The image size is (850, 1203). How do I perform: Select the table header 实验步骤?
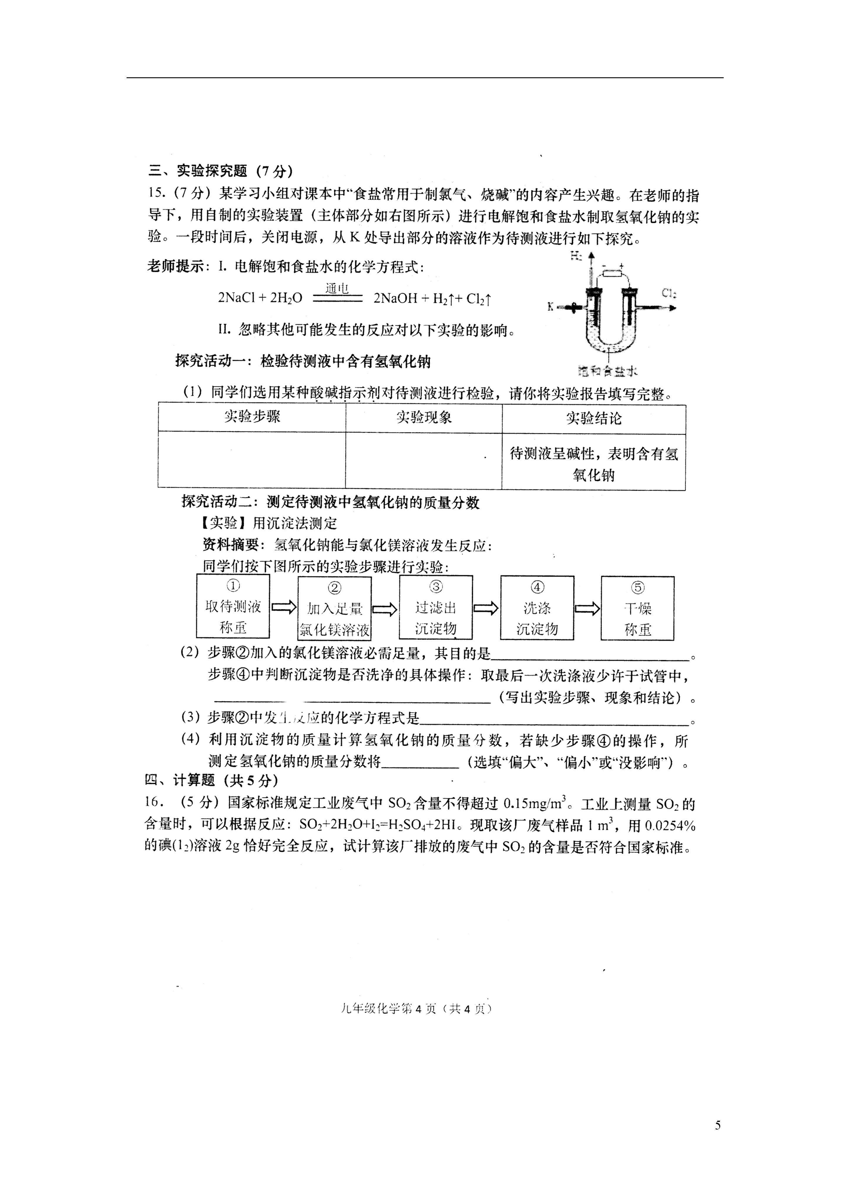[252, 417]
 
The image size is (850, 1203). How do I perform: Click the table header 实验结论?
[593, 418]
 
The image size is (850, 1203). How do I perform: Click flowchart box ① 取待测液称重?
[233, 606]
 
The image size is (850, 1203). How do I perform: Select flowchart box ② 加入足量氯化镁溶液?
[334, 608]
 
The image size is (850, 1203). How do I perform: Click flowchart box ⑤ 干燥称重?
[637, 608]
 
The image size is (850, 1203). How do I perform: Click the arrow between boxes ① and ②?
[284, 608]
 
